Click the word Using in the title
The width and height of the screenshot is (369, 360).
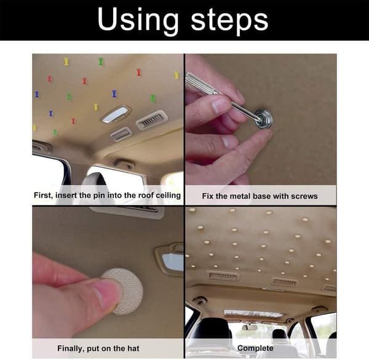coord(138,21)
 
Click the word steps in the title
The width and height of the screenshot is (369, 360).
coord(229,22)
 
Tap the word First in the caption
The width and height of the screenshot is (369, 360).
coord(43,196)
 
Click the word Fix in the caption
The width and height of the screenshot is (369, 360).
coord(207,196)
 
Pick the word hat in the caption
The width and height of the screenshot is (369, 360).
coord(133,348)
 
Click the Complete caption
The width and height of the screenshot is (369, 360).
coord(255,348)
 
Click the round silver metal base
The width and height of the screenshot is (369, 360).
coord(263,119)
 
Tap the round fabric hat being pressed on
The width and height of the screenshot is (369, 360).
coord(123,291)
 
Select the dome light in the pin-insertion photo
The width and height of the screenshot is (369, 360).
coord(116,114)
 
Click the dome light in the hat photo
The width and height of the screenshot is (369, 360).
coord(172,260)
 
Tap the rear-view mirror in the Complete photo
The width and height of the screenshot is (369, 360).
coord(250,327)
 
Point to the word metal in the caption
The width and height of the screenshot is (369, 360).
coord(240,196)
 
